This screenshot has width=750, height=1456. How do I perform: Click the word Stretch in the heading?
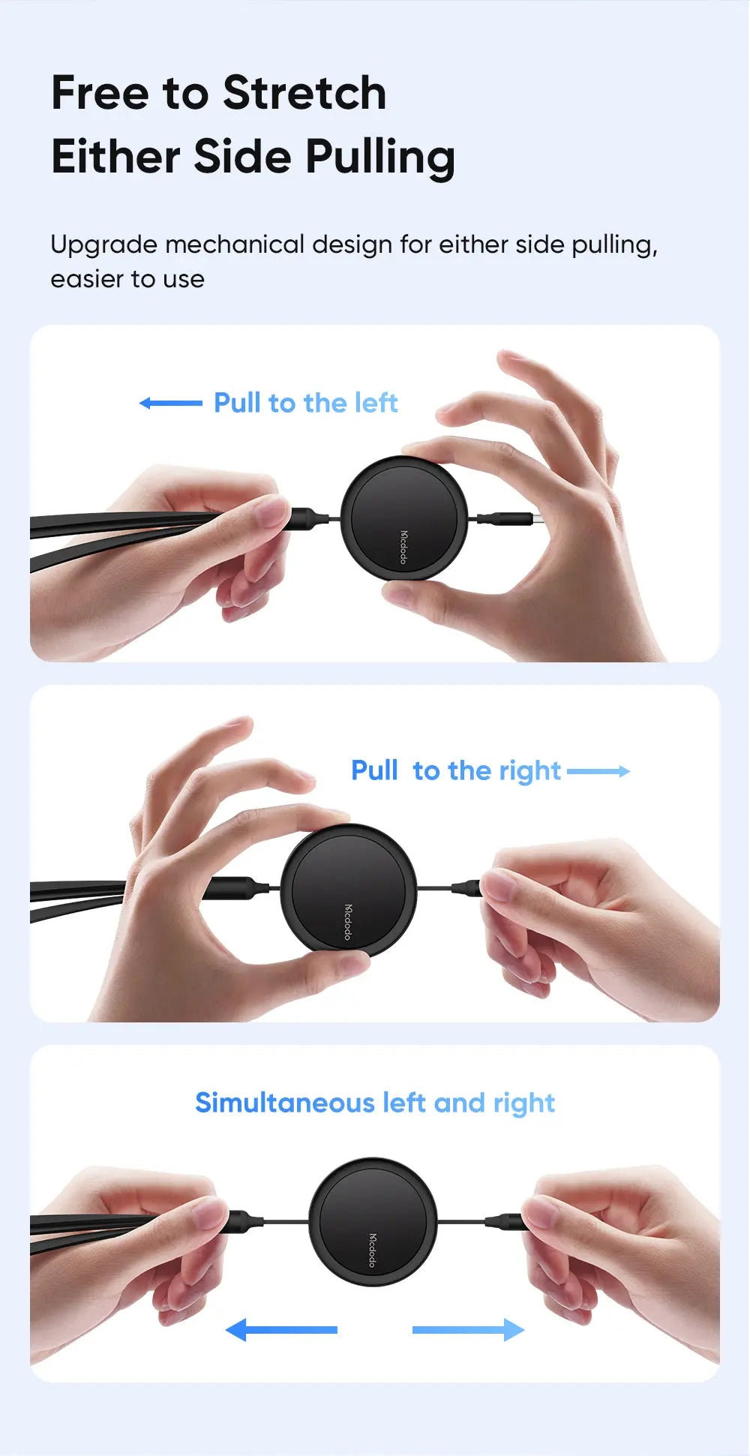point(304,93)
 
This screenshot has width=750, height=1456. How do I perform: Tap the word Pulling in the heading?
point(380,158)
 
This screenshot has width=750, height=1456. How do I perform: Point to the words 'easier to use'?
point(127,279)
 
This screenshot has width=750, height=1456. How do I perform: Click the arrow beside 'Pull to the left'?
point(171,403)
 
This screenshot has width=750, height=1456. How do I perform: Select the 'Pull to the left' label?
point(306,403)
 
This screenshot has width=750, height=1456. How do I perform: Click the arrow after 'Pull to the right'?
point(598,771)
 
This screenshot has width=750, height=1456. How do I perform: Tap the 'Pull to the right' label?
point(456,771)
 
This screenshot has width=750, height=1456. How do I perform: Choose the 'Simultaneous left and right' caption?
point(375,1103)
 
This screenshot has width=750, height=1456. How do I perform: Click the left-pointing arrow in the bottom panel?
point(281,1330)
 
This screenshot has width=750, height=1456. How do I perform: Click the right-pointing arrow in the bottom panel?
point(469,1330)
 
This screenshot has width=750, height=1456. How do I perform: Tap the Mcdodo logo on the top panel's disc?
point(403,547)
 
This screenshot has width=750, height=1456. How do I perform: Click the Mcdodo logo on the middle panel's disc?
point(348,921)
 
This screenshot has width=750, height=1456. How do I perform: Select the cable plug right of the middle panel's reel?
point(468,889)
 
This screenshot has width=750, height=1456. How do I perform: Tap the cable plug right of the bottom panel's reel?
point(504,1223)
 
